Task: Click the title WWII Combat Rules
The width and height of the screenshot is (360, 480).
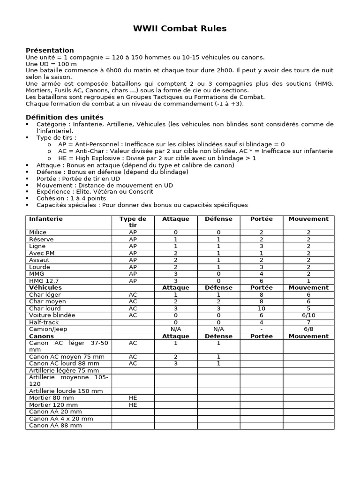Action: click(180, 29)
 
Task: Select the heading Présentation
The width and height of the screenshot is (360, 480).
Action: click(50, 50)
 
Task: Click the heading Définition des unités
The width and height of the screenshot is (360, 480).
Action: click(64, 117)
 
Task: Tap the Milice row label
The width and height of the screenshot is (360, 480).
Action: click(38, 232)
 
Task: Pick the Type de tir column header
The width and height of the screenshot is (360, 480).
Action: click(133, 222)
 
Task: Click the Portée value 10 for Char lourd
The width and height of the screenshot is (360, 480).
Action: click(261, 308)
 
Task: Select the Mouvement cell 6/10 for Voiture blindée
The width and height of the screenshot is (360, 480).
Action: click(308, 315)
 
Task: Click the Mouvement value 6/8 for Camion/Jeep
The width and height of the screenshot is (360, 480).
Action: click(308, 330)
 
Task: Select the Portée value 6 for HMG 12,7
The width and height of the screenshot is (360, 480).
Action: click(261, 281)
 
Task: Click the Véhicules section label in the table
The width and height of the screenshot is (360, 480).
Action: click(45, 287)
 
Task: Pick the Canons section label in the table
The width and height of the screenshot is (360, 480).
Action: click(41, 336)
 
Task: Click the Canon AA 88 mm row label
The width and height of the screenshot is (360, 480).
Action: click(55, 426)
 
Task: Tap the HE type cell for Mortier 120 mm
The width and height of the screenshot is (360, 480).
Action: click(133, 405)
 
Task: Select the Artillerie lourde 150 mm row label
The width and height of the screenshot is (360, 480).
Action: click(66, 391)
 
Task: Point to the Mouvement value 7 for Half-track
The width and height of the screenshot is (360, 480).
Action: click(308, 322)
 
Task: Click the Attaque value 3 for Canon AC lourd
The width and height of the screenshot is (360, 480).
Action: click(175, 363)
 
